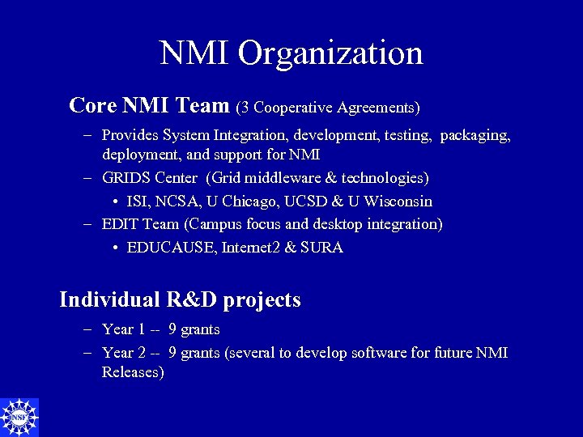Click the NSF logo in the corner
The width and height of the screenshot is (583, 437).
tap(19, 417)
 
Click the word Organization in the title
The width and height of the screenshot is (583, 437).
tap(330, 53)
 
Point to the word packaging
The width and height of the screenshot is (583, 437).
tap(475, 135)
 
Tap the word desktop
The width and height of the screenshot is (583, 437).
tap(332, 224)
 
